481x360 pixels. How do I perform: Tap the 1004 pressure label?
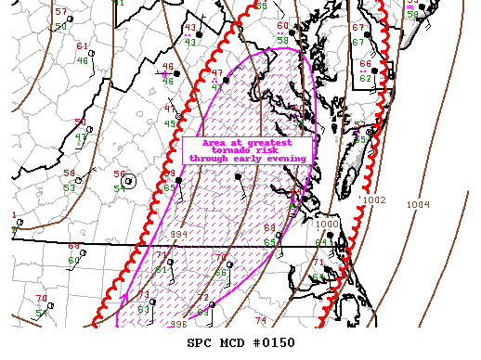pyautogui.click(x=419, y=204)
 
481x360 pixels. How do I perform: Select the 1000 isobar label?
pyautogui.click(x=327, y=224)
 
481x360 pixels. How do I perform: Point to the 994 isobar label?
pyautogui.click(x=178, y=234)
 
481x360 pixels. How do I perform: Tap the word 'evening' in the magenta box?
pyautogui.click(x=287, y=159)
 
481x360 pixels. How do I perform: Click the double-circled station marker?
pyautogui.click(x=129, y=181)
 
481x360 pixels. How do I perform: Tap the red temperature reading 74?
pyautogui.click(x=260, y=320)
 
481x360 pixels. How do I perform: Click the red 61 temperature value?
pyautogui.click(x=82, y=46)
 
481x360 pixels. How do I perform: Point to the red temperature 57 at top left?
pyautogui.click(x=61, y=11)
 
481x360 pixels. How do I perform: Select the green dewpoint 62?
pyautogui.click(x=365, y=78)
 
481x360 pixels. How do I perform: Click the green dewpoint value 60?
pyautogui.click(x=74, y=260)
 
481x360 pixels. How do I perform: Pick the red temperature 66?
pyautogui.click(x=365, y=64)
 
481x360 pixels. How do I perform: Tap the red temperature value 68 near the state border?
pyautogui.click(x=269, y=227)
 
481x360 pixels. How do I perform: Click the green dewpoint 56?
pyautogui.click(x=220, y=272)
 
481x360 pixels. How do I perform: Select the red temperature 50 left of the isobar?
pyautogui.click(x=80, y=123)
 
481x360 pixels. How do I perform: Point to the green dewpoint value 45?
pyautogui.click(x=170, y=123)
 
